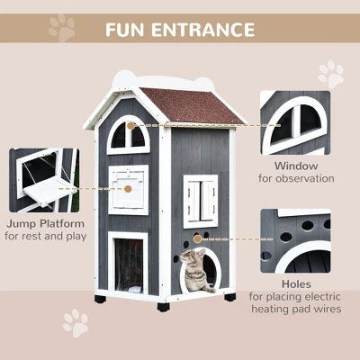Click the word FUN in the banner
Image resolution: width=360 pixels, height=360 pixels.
130,29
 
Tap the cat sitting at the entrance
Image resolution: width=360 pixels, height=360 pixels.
193,270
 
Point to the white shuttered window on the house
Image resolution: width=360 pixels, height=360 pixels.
201,200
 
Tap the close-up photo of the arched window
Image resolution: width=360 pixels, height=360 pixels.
294,122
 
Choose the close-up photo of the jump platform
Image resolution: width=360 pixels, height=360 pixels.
43,180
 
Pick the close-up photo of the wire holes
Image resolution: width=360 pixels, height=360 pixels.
294,240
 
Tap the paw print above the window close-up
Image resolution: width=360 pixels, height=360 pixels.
330,73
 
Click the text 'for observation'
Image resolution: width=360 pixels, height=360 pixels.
295,178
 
